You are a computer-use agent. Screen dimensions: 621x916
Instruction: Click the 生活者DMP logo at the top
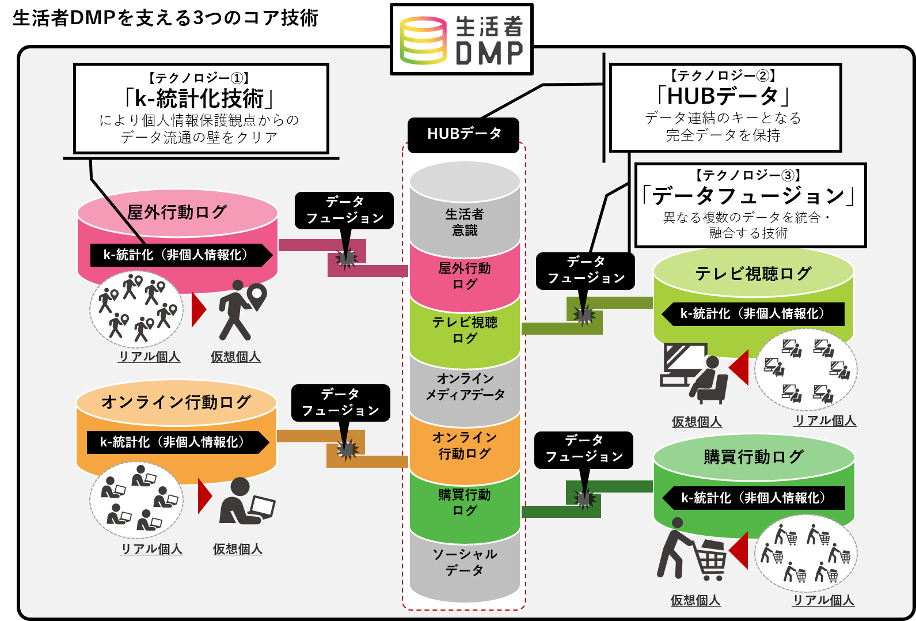click(x=461, y=39)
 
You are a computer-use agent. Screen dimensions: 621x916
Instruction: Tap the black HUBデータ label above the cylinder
click(x=463, y=134)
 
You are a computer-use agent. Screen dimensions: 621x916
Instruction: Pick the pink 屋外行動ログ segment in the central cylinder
click(x=465, y=276)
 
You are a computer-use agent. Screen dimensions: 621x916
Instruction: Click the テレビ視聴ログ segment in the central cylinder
click(x=465, y=330)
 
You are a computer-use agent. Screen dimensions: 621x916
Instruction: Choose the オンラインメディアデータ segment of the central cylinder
click(x=465, y=387)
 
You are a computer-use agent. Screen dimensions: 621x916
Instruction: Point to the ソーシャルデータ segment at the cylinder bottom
click(x=465, y=562)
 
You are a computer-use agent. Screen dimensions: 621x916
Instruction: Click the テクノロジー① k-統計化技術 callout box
click(x=201, y=108)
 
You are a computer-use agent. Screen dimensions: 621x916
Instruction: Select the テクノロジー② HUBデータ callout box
click(x=725, y=108)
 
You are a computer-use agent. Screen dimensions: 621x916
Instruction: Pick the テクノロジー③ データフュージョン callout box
click(x=750, y=205)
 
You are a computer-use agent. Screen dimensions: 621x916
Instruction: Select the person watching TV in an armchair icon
click(x=693, y=373)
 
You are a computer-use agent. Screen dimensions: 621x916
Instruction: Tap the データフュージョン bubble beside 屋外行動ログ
click(x=344, y=210)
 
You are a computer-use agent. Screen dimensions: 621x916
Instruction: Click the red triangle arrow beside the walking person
click(x=198, y=309)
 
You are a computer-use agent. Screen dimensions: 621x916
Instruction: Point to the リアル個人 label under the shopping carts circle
click(x=823, y=600)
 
